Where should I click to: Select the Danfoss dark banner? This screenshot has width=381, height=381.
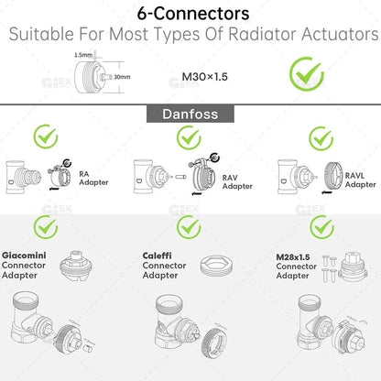pyautogui.click(x=190, y=116)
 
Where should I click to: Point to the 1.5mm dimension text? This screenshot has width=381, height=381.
pyautogui.click(x=82, y=56)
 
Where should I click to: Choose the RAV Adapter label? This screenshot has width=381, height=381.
pyautogui.click(x=237, y=181)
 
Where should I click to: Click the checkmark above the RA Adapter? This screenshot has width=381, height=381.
pyautogui.click(x=47, y=138)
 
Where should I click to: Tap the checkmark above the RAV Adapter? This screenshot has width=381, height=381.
pyautogui.click(x=189, y=138)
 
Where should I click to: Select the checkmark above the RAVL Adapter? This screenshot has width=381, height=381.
pyautogui.click(x=321, y=138)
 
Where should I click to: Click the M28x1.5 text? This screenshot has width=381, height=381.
pyautogui.click(x=292, y=256)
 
